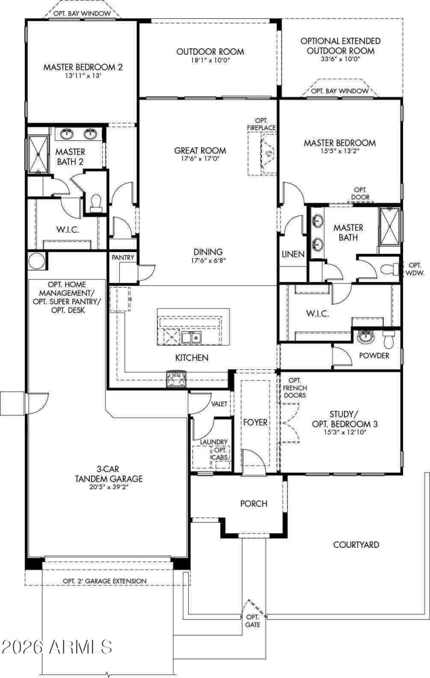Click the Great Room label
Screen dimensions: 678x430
click(200, 151)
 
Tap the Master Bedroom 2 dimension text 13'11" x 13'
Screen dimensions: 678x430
click(83, 77)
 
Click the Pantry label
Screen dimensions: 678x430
click(122, 258)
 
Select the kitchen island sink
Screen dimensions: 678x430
click(191, 338)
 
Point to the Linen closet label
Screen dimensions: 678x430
click(292, 254)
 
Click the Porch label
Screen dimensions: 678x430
click(253, 504)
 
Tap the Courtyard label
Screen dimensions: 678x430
click(356, 545)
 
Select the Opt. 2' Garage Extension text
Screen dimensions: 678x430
click(104, 581)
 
